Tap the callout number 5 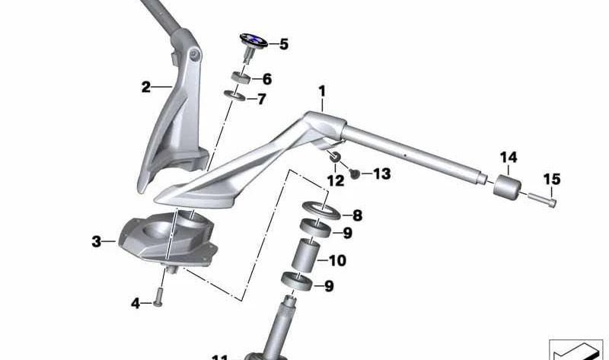(x=284, y=44)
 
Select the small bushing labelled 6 (x=241, y=78)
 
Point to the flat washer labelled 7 (x=236, y=97)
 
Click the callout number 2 (x=145, y=87)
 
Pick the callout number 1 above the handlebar (x=322, y=91)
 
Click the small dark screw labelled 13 (x=354, y=175)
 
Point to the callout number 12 (x=335, y=180)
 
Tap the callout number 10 (x=336, y=260)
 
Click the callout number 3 (x=96, y=242)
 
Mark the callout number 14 (x=509, y=158)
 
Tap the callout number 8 (x=356, y=215)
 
